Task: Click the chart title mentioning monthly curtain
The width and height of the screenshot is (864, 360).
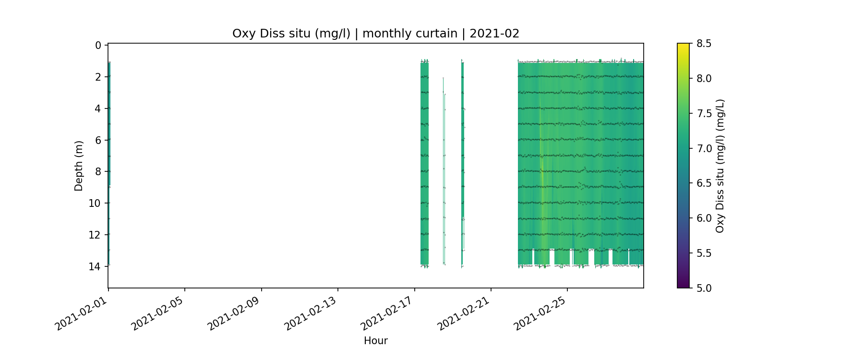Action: [x=375, y=34]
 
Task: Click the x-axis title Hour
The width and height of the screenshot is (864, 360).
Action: [x=375, y=341]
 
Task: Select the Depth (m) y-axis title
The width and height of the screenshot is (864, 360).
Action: [x=79, y=166]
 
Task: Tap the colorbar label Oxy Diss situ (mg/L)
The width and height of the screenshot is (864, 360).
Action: [x=720, y=166]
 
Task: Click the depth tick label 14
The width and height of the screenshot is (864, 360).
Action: [x=95, y=266]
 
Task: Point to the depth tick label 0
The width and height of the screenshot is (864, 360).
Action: [x=98, y=46]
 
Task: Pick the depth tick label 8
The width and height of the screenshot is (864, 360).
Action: [x=98, y=172]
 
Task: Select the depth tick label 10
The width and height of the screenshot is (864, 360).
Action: [x=95, y=204]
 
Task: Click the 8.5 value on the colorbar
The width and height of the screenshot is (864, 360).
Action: [x=704, y=44]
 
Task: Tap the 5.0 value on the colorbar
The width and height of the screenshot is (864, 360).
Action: [x=704, y=288]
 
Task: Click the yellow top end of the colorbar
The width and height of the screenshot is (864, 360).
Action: [x=683, y=46]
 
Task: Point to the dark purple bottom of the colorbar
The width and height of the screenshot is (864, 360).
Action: [x=683, y=286]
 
